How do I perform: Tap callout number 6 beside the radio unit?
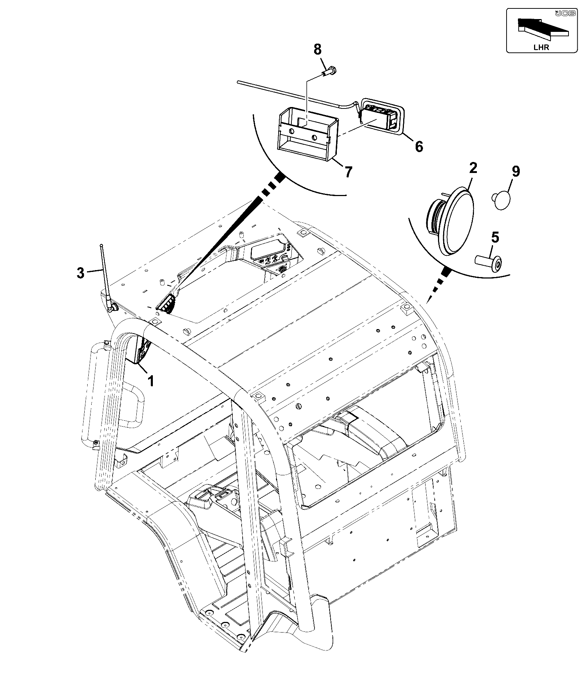click(x=419, y=146)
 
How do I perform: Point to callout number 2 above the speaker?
click(x=473, y=168)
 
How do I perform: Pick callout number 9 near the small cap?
click(x=516, y=171)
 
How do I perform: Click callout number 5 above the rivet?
click(x=495, y=237)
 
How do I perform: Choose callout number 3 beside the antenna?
click(x=80, y=273)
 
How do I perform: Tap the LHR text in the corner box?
click(x=541, y=47)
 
